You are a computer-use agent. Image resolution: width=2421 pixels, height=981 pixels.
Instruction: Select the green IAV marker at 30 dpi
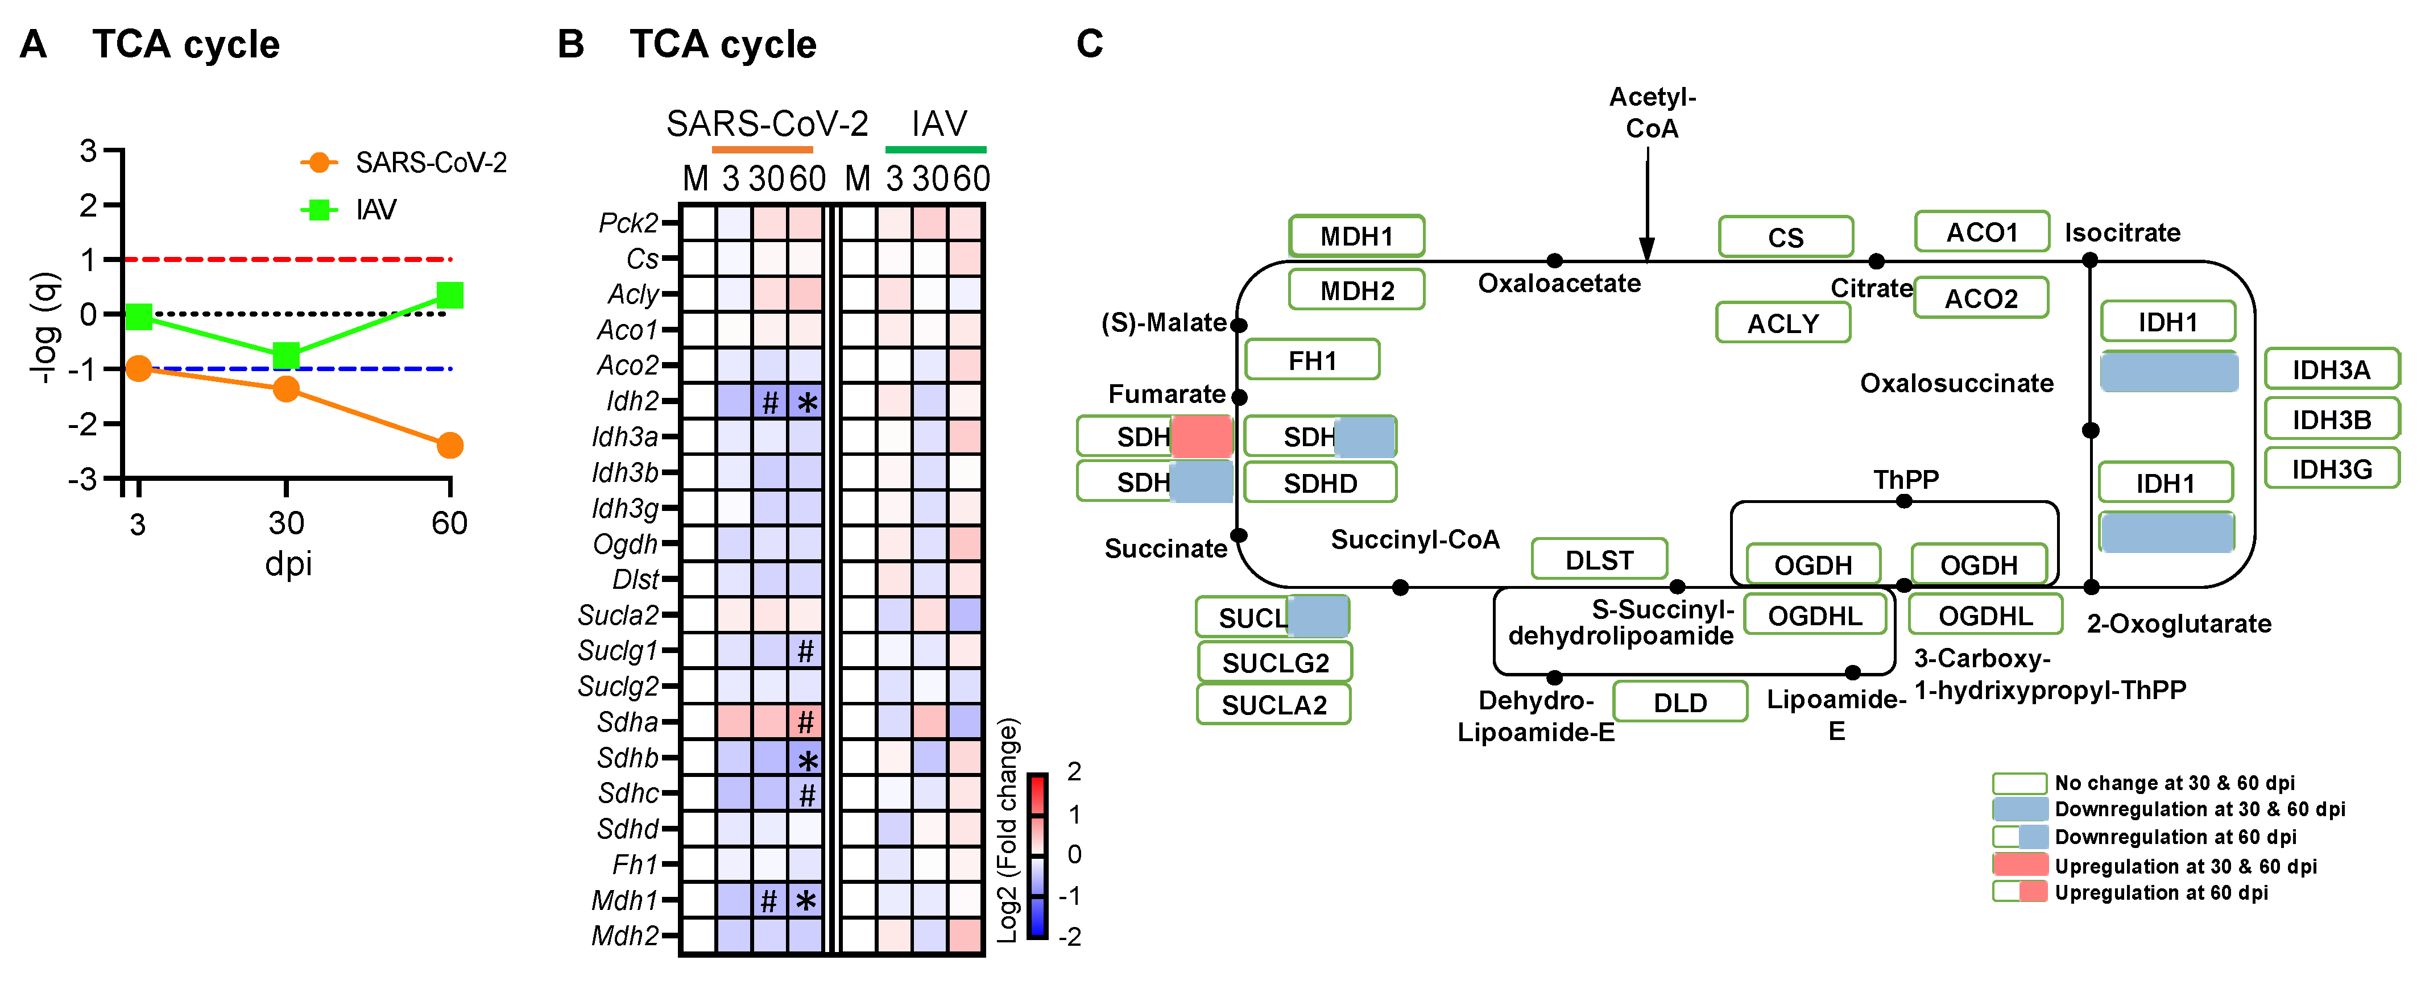(285, 355)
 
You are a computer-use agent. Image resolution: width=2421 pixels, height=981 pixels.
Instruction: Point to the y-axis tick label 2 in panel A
(88, 205)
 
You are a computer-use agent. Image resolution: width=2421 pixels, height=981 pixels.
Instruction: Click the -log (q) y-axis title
(45, 327)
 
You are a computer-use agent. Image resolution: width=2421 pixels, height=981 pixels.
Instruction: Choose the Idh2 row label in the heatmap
(632, 401)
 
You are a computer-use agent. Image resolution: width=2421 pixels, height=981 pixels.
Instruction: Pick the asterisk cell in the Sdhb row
(806, 758)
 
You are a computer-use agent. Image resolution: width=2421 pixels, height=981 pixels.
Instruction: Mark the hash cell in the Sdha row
(805, 722)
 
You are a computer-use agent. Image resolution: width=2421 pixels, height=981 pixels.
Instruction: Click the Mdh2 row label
(625, 936)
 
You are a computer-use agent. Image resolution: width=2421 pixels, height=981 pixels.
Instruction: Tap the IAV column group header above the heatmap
(938, 124)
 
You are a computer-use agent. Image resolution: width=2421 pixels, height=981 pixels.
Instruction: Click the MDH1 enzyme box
(1356, 236)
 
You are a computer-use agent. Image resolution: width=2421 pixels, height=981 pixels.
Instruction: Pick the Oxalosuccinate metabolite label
(1957, 384)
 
